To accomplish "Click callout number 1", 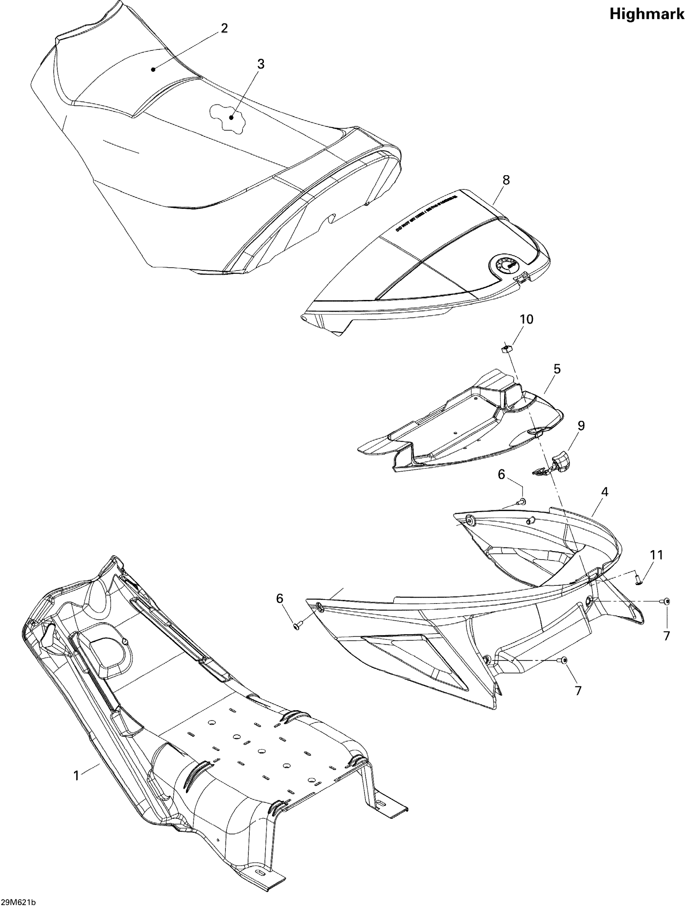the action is coord(76,775).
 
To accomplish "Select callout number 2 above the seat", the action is coord(224,28).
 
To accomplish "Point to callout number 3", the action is coord(261,64).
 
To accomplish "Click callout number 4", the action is coord(605,491).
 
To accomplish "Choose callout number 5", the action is coord(557,369).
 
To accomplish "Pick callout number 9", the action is coord(581,426).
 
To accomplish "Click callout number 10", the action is coord(526,319).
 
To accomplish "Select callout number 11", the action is coord(656,555).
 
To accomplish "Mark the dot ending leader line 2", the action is coord(153,69).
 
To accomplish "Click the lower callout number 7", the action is coord(578,691).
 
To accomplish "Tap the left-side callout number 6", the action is coord(279,598).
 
